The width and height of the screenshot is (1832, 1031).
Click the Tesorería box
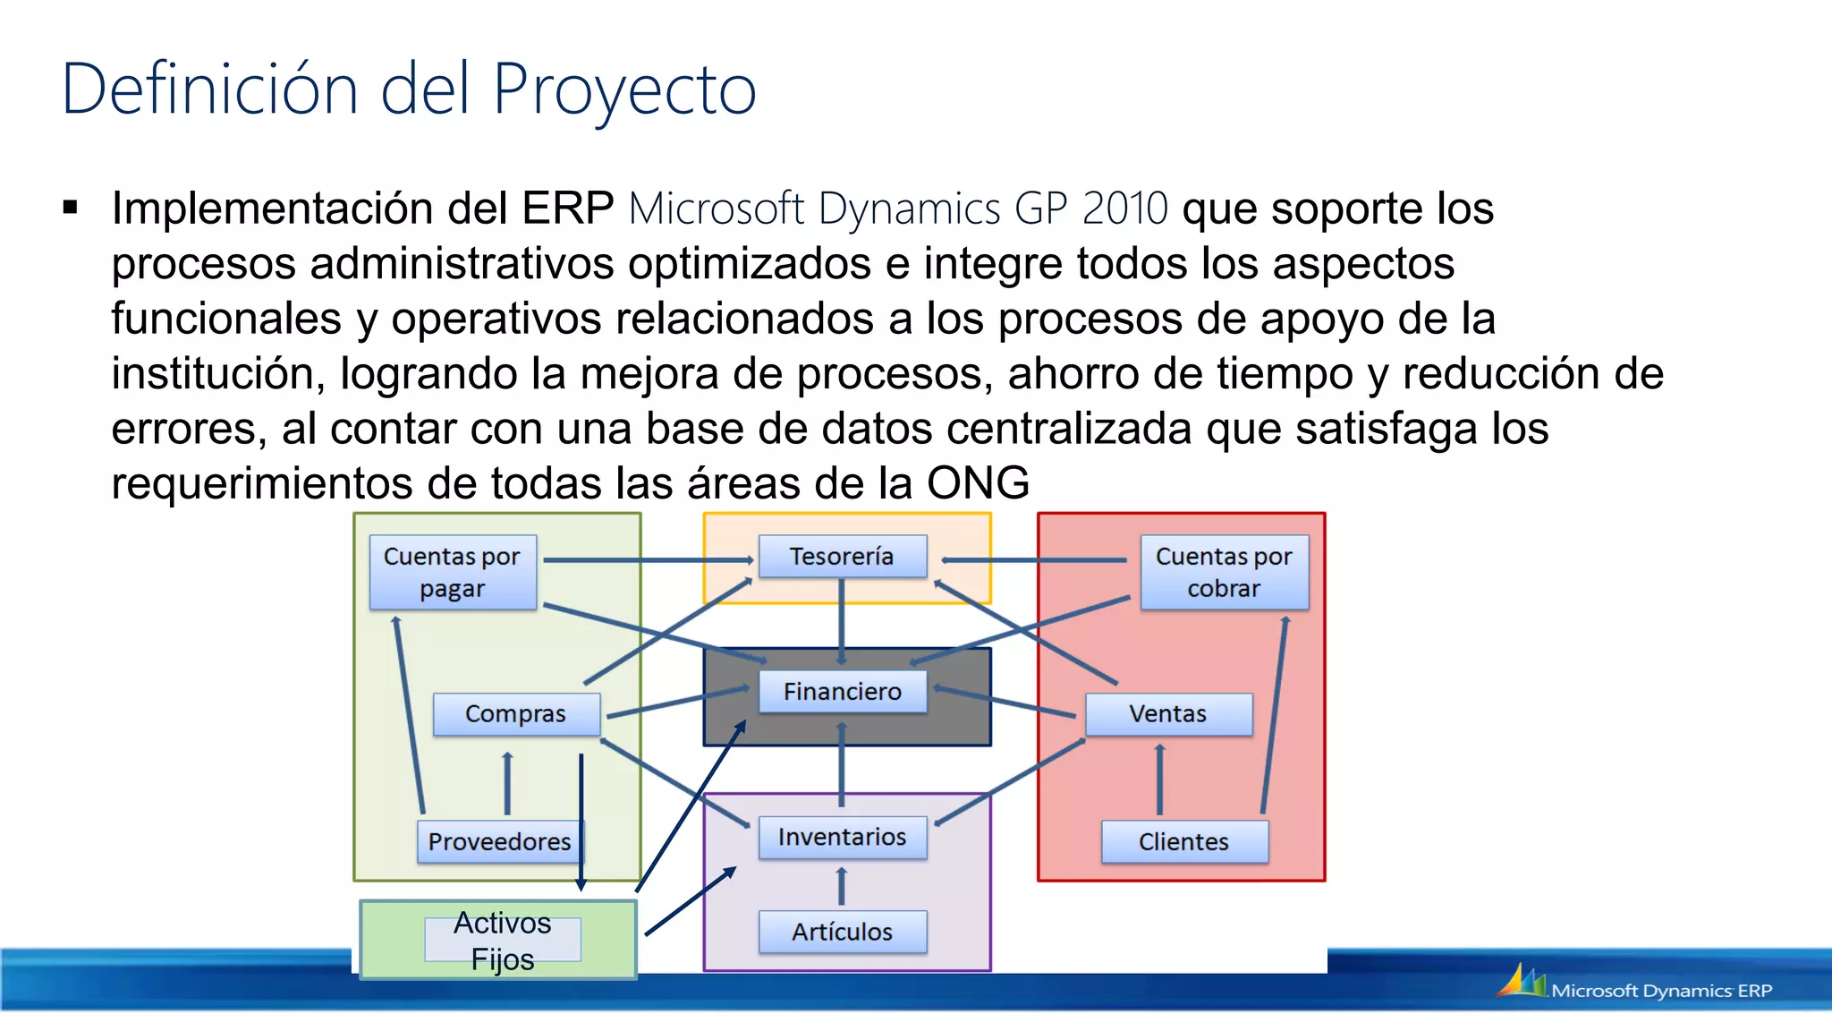[x=842, y=556]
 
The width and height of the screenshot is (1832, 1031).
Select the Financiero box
[x=842, y=691]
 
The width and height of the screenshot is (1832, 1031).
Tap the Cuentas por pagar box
[x=453, y=572]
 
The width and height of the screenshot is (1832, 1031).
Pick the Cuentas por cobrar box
[x=1224, y=572]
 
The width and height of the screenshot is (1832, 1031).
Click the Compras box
[x=516, y=713]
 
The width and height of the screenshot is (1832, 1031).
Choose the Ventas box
[x=1167, y=713]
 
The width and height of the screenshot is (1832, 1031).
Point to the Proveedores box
[x=499, y=841]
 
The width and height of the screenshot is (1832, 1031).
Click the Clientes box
[x=1183, y=841]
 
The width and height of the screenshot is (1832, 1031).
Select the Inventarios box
[x=842, y=837]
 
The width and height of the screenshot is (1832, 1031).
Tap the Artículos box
[x=842, y=932]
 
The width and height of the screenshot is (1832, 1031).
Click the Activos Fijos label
[x=502, y=940]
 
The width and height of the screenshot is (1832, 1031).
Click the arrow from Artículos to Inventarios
[x=841, y=885]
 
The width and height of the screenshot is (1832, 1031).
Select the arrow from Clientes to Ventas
[x=1160, y=779]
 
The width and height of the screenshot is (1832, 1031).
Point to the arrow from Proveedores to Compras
[x=507, y=782]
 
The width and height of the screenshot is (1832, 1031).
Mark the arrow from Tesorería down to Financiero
[x=841, y=622]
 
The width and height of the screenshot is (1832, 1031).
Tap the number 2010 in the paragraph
[x=1124, y=209]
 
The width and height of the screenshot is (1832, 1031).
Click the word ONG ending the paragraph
[x=978, y=483]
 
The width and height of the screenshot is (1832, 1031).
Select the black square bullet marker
[x=71, y=209]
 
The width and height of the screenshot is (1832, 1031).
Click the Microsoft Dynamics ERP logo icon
[x=1521, y=981]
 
